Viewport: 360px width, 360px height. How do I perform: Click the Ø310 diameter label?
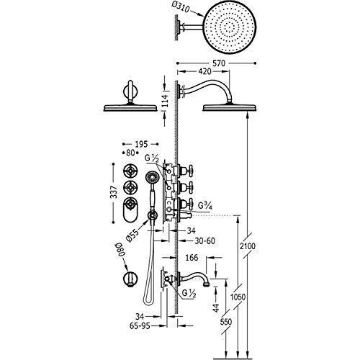pos(181,8)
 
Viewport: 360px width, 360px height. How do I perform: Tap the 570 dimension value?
pos(219,63)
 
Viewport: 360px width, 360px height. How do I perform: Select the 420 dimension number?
pos(204,71)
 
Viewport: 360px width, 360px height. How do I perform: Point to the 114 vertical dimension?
pos(164,102)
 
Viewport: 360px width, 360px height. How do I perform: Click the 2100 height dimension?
pos(248,246)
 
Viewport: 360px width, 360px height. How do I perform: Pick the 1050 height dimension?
pos(238,297)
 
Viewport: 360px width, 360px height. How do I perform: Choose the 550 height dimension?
pos(226,322)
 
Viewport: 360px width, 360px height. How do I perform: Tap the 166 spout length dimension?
pos(192,258)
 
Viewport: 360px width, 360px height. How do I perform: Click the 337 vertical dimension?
pos(114,192)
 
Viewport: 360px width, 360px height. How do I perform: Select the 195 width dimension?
pos(141,144)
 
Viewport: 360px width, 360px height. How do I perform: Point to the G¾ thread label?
pos(205,206)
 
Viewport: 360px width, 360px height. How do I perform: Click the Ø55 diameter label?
pos(132,235)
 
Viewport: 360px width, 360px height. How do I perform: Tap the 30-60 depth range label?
pos(204,240)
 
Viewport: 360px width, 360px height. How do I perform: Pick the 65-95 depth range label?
pos(140,325)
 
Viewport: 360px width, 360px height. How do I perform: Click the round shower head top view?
pos(230,26)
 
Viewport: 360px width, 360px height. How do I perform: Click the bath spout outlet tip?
pos(207,284)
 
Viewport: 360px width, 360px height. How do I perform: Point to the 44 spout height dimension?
pos(217,307)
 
